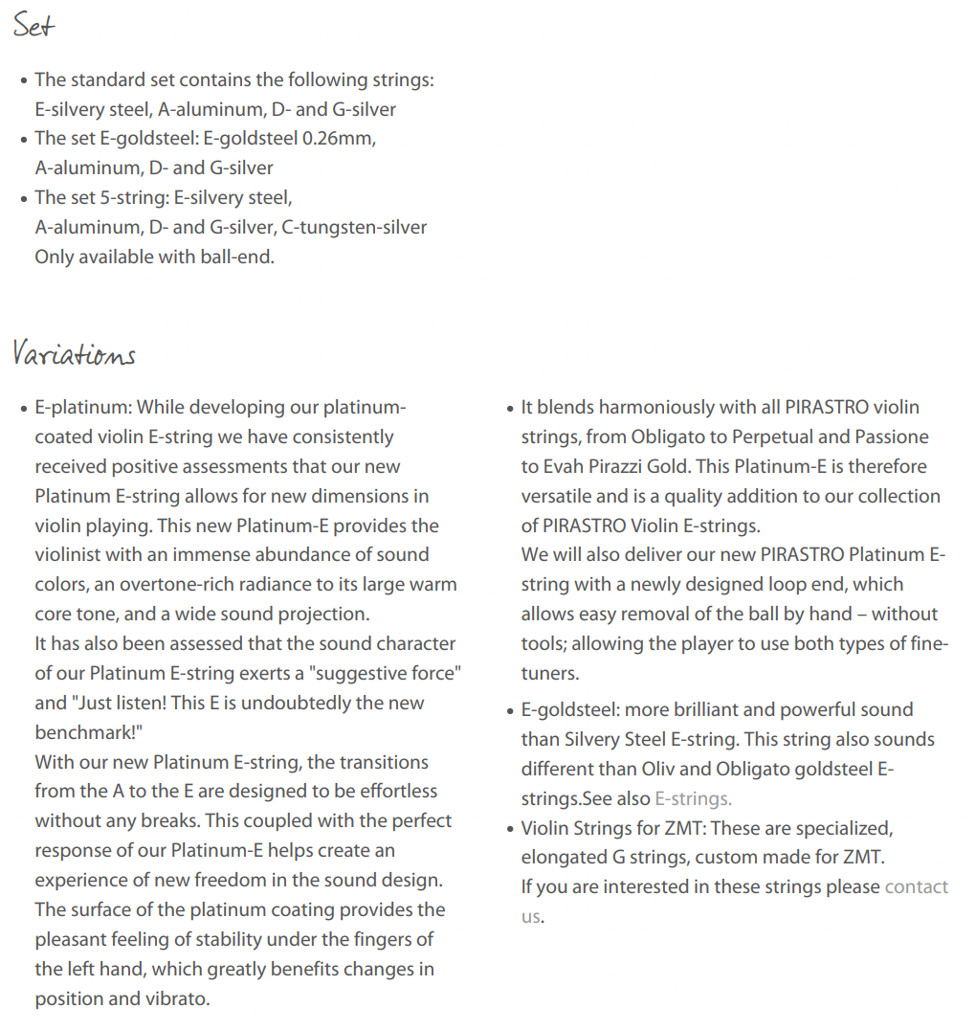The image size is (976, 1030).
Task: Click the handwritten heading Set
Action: pos(33,26)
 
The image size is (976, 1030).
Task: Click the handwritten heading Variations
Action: pos(74,354)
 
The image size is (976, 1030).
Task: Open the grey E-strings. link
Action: pos(693,798)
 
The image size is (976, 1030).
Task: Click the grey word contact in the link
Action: pos(917,886)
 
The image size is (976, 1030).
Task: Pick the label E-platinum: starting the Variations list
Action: pos(83,407)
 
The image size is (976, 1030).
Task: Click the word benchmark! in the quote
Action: pos(92,732)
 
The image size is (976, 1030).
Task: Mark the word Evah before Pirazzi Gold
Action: pos(564,466)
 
